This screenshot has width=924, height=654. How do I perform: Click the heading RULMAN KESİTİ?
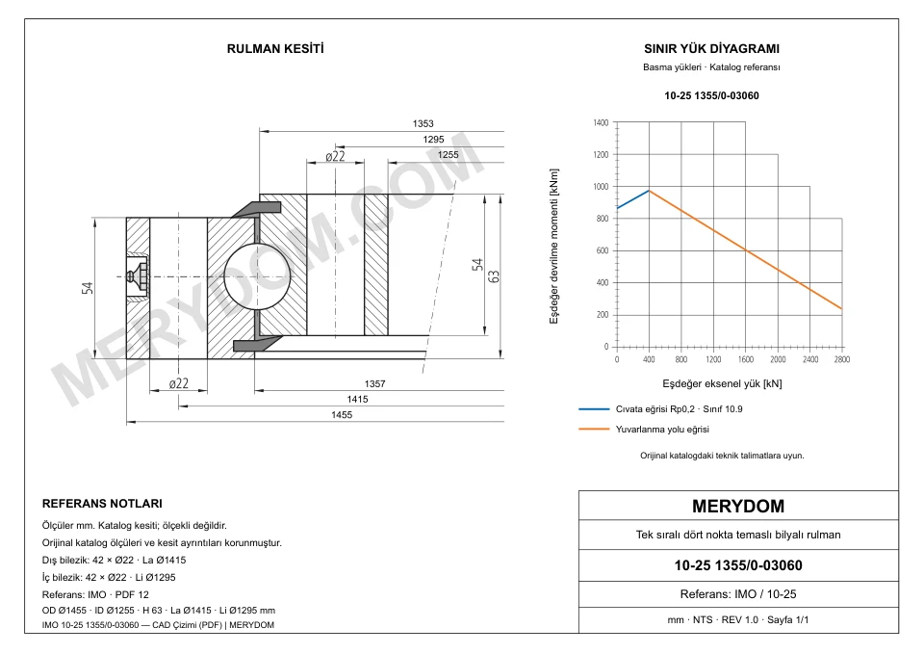pyautogui.click(x=275, y=49)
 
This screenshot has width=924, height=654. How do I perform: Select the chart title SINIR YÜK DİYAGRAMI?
pyautogui.click(x=711, y=49)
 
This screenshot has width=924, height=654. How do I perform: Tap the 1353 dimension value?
pyautogui.click(x=423, y=124)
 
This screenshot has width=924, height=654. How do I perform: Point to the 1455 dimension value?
pyautogui.click(x=342, y=415)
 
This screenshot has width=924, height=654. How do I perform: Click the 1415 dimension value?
pyautogui.click(x=357, y=400)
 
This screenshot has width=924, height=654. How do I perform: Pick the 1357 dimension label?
pyautogui.click(x=374, y=384)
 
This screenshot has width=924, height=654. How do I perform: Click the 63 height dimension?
pyautogui.click(x=494, y=276)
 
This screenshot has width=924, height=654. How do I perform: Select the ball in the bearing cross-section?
pyautogui.click(x=257, y=276)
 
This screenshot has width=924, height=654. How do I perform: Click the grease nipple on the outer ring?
pyautogui.click(x=138, y=276)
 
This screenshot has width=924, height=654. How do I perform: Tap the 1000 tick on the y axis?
pyautogui.click(x=601, y=187)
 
